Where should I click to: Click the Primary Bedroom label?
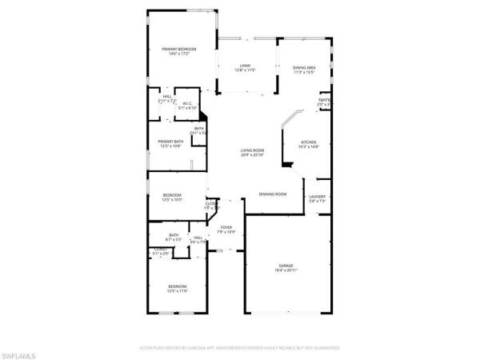point(179,49)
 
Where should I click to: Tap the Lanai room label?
point(245,66)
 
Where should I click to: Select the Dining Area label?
point(304,67)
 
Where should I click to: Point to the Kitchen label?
point(309,142)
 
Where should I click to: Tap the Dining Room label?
point(273,194)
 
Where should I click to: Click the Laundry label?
point(318,197)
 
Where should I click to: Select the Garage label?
point(286,266)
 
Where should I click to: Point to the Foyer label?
point(227,227)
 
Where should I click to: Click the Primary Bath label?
point(170,142)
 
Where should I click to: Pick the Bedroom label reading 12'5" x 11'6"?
point(177,286)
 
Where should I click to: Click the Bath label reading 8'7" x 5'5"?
point(173,235)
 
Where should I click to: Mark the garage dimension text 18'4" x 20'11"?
point(286,270)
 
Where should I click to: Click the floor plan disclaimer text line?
point(240,348)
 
